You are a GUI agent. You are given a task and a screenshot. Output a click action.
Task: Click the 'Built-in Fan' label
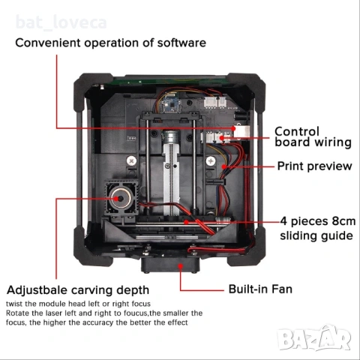[x=260, y=289]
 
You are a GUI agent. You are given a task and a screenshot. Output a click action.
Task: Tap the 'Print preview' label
[x=314, y=166]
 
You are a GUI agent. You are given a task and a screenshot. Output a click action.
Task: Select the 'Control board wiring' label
[x=313, y=137]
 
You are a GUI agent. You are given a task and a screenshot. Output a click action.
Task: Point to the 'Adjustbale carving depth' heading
[x=78, y=290]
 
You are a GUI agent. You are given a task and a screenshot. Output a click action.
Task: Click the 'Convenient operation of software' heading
[x=111, y=43]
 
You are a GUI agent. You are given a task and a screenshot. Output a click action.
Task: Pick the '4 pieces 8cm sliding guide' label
[x=317, y=229]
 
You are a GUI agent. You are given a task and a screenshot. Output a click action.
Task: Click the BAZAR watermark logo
[x=314, y=338]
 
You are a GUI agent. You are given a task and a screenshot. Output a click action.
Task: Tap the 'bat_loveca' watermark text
[x=61, y=22]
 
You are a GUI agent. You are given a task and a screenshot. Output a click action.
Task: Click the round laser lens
[x=121, y=199]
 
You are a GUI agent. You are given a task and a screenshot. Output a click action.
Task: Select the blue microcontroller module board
[x=170, y=104]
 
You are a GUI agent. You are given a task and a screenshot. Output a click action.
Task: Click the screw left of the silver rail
[x=131, y=160]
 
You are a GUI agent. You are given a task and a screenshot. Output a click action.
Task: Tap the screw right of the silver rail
[x=211, y=160]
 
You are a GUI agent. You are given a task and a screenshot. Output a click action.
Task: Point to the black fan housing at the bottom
[x=170, y=265]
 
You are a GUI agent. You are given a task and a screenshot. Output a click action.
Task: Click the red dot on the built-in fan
[x=181, y=265]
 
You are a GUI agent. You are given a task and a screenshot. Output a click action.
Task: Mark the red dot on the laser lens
[x=116, y=199]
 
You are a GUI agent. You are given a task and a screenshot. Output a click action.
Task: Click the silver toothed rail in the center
[x=171, y=178]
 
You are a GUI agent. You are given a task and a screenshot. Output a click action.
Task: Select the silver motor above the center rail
[x=171, y=136]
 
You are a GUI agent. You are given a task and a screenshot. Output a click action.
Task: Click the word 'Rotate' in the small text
[x=16, y=313]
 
